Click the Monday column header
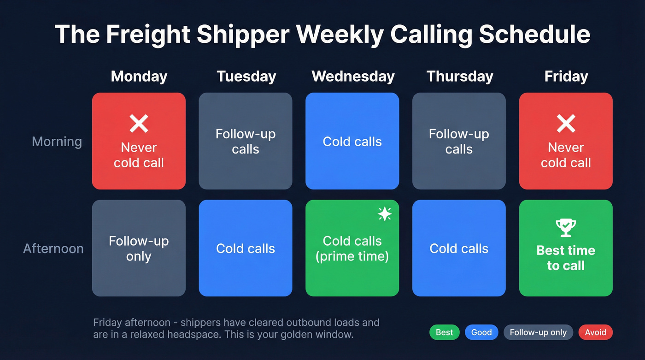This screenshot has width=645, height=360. [x=139, y=76]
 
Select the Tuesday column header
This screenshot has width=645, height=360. [x=246, y=76]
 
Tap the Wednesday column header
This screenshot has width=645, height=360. [x=353, y=76]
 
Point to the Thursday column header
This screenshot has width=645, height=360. [x=459, y=76]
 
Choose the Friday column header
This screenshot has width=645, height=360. [x=566, y=76]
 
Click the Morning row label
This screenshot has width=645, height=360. [x=57, y=142]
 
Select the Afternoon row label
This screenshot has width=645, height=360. [x=53, y=248]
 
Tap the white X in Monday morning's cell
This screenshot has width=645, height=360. [x=139, y=124]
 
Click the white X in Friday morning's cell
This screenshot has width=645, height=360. [x=566, y=124]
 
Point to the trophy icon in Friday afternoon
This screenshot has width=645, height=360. [x=565, y=227]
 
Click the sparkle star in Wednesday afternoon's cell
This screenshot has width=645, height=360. [x=384, y=214]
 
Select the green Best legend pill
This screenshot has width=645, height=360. [x=444, y=332]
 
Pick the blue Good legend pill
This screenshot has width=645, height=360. [x=481, y=332]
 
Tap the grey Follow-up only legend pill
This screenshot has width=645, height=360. [x=538, y=332]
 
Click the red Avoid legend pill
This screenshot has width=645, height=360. [x=595, y=332]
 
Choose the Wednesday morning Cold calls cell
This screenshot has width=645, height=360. [x=352, y=141]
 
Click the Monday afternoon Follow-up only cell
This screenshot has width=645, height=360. [x=139, y=248]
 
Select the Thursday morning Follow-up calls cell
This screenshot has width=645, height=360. [x=459, y=141]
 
